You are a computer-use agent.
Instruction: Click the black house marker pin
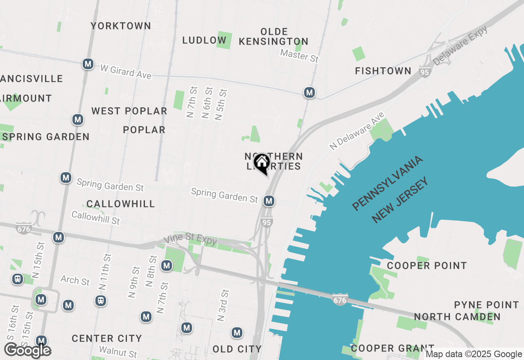click(x=262, y=163)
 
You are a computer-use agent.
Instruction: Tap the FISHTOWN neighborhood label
click(x=383, y=71)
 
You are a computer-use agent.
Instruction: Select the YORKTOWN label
click(x=121, y=26)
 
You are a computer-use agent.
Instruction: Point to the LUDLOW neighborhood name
click(x=204, y=40)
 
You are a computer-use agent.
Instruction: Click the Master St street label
click(x=299, y=55)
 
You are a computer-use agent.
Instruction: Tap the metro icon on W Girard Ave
click(x=88, y=64)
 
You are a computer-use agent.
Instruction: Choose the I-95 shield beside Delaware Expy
click(x=424, y=72)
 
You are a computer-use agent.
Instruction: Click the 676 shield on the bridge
click(x=340, y=300)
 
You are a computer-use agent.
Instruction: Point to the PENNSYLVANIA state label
click(x=387, y=183)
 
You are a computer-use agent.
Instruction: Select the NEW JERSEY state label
click(x=402, y=200)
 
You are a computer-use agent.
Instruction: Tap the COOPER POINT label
click(x=427, y=265)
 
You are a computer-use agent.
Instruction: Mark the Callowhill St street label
click(x=95, y=218)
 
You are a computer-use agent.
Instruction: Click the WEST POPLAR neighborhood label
click(x=129, y=111)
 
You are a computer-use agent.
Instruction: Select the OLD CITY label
click(x=237, y=349)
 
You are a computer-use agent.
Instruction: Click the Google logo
click(x=27, y=351)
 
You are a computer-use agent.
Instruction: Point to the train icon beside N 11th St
click(x=101, y=301)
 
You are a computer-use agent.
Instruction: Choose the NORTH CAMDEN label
click(x=457, y=317)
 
